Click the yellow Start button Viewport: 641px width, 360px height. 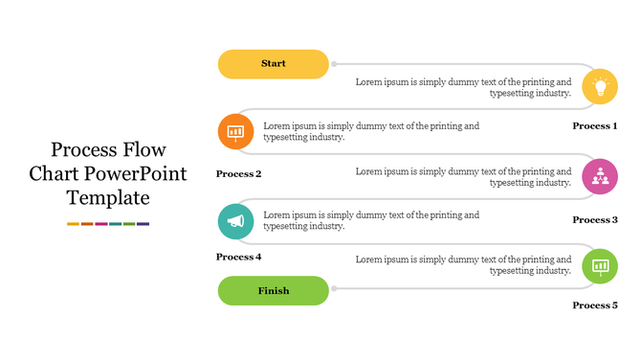[x=274, y=64]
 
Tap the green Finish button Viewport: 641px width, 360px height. [x=274, y=290]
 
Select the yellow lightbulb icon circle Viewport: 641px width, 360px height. [x=600, y=86]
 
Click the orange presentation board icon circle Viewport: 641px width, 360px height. [x=235, y=131]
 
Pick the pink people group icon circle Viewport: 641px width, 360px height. [x=600, y=176]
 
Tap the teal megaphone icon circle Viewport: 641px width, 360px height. [x=235, y=221]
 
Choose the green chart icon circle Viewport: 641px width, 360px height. [x=600, y=265]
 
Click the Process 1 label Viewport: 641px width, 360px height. [x=594, y=126]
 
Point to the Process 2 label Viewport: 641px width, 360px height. [x=239, y=174]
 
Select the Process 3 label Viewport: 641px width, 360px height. [x=594, y=220]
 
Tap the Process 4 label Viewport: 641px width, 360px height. [x=239, y=257]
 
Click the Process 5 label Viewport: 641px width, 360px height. [x=594, y=305]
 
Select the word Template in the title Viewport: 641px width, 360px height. [x=108, y=199]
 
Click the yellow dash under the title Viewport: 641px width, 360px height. [x=73, y=224]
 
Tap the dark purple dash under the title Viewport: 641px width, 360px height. [x=144, y=224]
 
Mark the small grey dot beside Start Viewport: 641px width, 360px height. [x=334, y=64]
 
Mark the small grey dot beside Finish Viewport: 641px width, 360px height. [x=334, y=289]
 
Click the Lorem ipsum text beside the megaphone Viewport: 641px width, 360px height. [x=371, y=221]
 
